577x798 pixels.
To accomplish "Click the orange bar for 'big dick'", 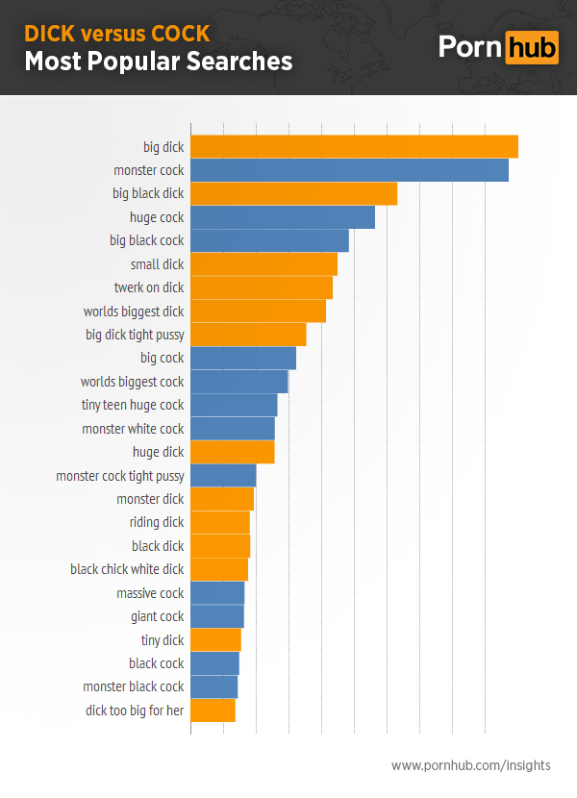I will click(354, 147).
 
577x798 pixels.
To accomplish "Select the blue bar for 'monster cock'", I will click(349, 170).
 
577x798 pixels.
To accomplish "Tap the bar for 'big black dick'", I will click(293, 193).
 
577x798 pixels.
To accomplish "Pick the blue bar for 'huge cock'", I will click(283, 217).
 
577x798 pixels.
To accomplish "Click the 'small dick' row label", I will click(157, 264).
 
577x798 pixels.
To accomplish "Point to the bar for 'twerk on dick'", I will click(262, 287).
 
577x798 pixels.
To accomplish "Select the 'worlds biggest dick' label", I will click(134, 312).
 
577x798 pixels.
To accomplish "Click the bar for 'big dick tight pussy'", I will click(248, 335).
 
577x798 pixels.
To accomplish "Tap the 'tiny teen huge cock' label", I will click(132, 405).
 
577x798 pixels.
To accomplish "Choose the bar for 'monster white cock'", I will click(233, 429).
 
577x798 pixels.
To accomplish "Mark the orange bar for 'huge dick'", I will click(233, 452).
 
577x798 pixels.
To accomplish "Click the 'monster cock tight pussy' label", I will click(120, 476).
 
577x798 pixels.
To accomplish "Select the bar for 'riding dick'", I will click(220, 522).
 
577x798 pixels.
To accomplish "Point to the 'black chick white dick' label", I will click(127, 569).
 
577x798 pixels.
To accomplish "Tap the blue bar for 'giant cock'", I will click(217, 616).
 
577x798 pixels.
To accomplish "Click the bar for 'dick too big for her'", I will click(213, 711).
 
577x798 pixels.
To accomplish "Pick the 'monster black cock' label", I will click(134, 686).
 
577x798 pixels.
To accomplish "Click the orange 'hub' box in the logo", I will click(531, 47).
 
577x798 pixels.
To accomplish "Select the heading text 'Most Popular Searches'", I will click(158, 62).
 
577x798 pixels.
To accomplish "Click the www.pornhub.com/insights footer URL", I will click(471, 765).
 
